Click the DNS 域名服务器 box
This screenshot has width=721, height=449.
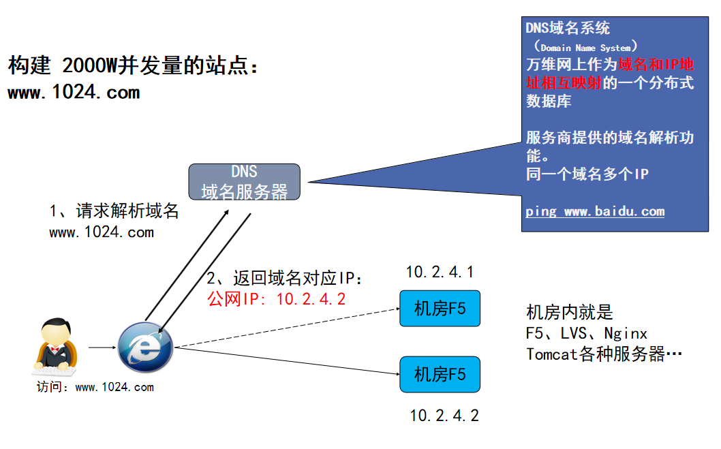(244, 182)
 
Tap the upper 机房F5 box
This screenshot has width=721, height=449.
(440, 309)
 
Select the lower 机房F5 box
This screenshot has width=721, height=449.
(440, 374)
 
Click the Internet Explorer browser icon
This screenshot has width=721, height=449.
(145, 347)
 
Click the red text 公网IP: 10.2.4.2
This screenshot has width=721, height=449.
(277, 299)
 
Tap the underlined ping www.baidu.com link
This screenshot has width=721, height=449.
(594, 211)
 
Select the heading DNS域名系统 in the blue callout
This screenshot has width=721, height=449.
(568, 29)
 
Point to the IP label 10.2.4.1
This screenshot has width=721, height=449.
(440, 273)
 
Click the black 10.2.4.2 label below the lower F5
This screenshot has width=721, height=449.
(444, 416)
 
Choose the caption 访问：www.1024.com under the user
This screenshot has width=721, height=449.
(95, 388)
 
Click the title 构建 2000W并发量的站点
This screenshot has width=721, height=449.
(134, 66)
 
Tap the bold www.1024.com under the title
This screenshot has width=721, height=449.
(74, 93)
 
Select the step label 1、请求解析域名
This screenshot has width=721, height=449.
(114, 211)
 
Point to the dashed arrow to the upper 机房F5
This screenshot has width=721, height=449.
(286, 328)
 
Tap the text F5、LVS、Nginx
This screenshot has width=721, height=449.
(586, 333)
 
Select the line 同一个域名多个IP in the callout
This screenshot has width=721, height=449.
(587, 174)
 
